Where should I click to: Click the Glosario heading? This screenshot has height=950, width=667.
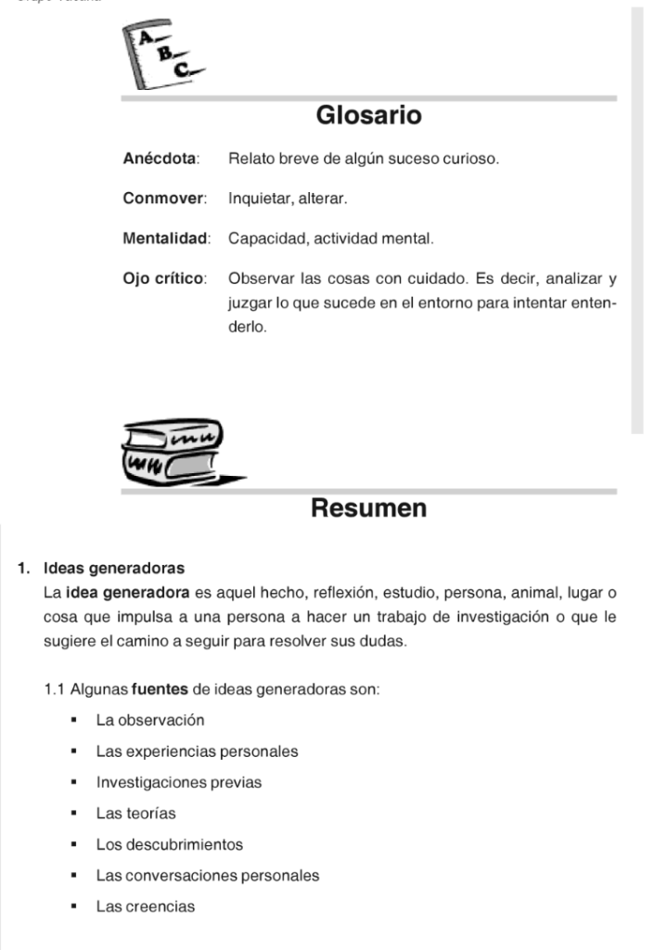click(368, 116)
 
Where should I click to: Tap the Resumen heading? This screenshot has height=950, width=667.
click(368, 508)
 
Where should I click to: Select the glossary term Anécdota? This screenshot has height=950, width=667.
click(160, 159)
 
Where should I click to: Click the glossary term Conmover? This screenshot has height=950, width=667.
click(163, 199)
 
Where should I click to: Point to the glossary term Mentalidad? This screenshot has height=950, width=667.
click(166, 238)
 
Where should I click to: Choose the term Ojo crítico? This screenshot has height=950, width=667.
click(164, 278)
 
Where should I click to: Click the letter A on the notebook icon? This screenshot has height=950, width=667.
click(146, 37)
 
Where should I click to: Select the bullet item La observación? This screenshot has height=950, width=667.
click(150, 720)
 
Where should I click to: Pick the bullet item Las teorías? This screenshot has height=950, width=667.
click(135, 814)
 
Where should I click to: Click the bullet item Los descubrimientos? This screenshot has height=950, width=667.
click(170, 844)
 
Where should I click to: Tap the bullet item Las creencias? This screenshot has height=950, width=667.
click(146, 906)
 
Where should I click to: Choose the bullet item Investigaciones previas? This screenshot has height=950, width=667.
click(179, 782)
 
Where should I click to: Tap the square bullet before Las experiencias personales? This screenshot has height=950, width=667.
click(71, 751)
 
